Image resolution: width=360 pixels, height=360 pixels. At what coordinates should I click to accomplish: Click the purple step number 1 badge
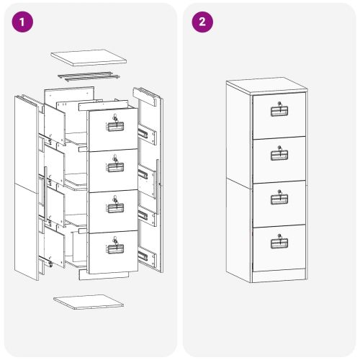(x=24, y=22)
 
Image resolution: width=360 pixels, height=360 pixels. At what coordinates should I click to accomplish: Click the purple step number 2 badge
(x=202, y=22)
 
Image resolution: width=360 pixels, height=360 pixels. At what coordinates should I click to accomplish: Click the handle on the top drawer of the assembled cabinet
(x=279, y=111)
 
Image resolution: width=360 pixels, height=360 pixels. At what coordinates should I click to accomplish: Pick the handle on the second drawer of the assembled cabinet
(x=279, y=153)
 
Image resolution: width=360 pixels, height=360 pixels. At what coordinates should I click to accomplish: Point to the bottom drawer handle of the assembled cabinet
(x=279, y=242)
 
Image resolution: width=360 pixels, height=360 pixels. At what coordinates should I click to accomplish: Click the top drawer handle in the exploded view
(x=115, y=127)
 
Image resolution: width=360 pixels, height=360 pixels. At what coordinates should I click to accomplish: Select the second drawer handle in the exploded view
(x=115, y=167)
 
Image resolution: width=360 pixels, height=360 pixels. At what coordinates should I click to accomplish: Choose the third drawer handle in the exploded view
(x=115, y=209)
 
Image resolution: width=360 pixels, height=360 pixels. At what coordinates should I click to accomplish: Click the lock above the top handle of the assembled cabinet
(x=279, y=102)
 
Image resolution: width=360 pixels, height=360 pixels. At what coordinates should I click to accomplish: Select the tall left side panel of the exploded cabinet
(x=27, y=187)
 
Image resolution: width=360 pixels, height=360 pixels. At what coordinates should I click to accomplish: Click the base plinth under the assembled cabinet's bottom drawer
(x=279, y=276)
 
